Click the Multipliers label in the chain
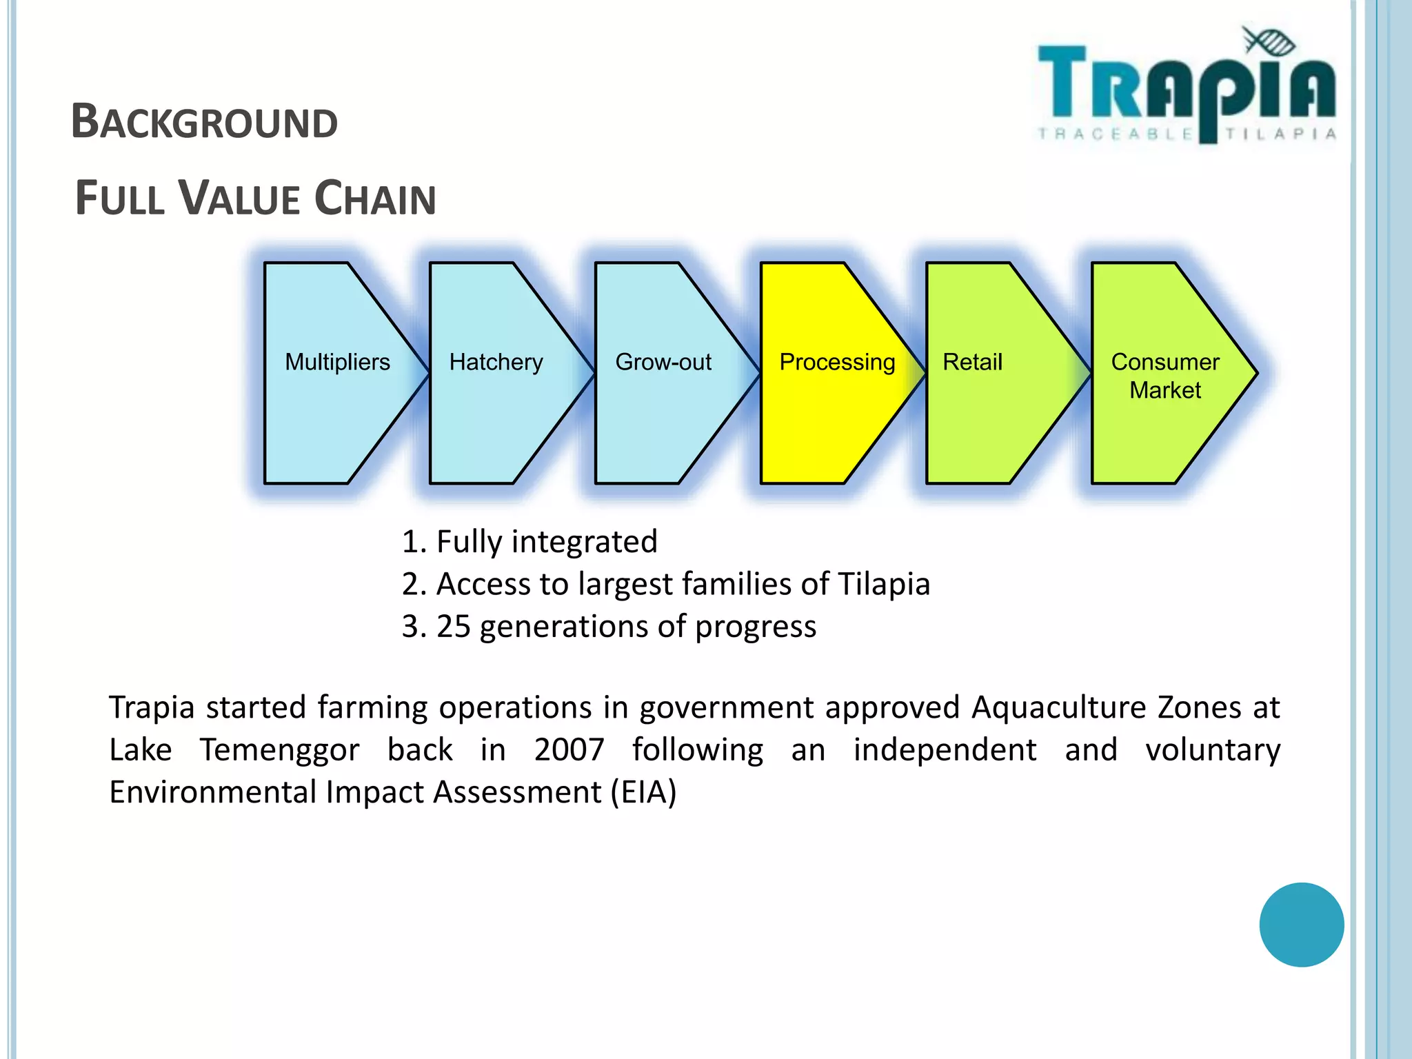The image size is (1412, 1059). point(337,362)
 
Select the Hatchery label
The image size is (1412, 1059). point(496,362)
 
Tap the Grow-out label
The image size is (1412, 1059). point(663,362)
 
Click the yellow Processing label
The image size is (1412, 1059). point(837,362)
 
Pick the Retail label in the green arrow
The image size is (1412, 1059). point(972,362)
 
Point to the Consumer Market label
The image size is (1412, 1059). point(1165,376)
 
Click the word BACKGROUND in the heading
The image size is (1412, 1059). point(205,122)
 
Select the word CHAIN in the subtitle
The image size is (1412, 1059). point(375,199)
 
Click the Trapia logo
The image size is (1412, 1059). point(1186,90)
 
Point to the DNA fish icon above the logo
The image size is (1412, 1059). point(1269,41)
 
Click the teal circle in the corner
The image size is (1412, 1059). point(1301,925)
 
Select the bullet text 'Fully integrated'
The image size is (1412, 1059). point(547,542)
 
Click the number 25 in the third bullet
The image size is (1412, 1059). point(453,627)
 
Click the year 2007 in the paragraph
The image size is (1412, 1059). point(569,749)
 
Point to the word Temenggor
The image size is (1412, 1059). point(279,749)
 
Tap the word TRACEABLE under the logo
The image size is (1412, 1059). point(1115,134)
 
